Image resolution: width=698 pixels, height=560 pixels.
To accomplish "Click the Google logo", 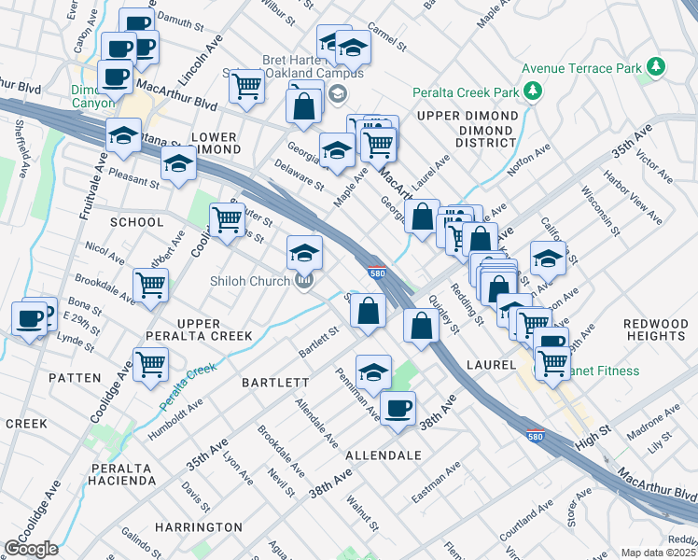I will [x=31, y=549].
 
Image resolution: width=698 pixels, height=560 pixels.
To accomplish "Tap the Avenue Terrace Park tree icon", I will [x=657, y=67].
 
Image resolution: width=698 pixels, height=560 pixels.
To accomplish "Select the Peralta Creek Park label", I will [x=467, y=92].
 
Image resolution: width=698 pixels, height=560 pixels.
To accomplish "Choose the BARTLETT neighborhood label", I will [x=275, y=383].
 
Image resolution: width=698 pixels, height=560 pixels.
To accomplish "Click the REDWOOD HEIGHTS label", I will [x=655, y=329].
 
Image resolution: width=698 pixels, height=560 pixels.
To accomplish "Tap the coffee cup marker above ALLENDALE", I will [x=398, y=409].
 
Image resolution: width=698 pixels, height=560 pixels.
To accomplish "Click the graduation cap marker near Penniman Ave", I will [x=373, y=372].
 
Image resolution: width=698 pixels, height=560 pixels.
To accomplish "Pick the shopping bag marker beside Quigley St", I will [x=422, y=326].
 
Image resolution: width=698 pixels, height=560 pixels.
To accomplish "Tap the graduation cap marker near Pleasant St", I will [x=178, y=164].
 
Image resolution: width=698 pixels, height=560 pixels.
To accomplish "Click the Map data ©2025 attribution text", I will [x=659, y=553].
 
